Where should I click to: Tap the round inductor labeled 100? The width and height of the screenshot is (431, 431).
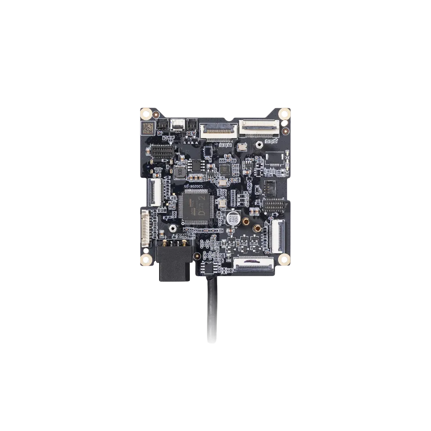click(x=180, y=171)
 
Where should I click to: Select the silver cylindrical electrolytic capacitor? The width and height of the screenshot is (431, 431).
click(x=233, y=218)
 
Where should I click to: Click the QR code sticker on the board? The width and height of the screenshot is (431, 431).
click(x=146, y=128)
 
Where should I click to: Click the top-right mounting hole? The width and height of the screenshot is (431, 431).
click(x=285, y=113)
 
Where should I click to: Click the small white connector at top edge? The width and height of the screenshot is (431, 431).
click(x=177, y=125)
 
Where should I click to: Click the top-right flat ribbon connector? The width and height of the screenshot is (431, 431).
click(x=259, y=128)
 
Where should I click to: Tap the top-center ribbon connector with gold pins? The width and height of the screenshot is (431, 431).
click(x=218, y=131)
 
